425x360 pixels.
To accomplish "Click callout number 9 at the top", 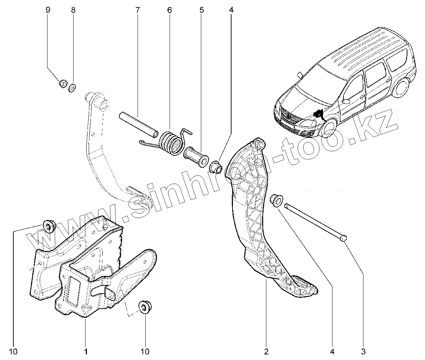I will coord(48,10).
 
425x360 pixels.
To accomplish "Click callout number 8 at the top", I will coord(73,10).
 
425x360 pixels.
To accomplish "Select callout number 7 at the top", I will coord(138,10).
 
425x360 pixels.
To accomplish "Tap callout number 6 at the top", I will coord(170,10).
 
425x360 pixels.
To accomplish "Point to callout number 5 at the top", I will coord(202,10).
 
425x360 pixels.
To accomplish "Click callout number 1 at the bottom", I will coord(85,351).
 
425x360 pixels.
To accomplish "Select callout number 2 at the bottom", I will coord(266,351).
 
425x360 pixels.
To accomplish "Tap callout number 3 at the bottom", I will coord(363,351).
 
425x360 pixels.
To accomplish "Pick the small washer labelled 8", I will coord(72,88).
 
